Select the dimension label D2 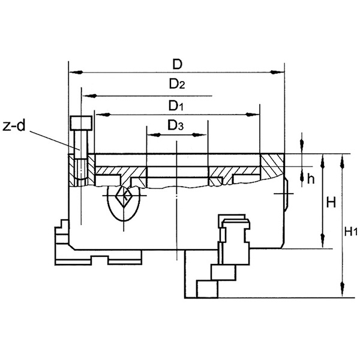[x=176, y=85]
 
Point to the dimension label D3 [x=176, y=125]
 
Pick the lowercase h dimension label [x=310, y=178]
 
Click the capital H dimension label [x=331, y=202]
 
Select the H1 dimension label [x=352, y=231]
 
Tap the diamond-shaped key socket [x=125, y=196]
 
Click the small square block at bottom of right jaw [x=205, y=289]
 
